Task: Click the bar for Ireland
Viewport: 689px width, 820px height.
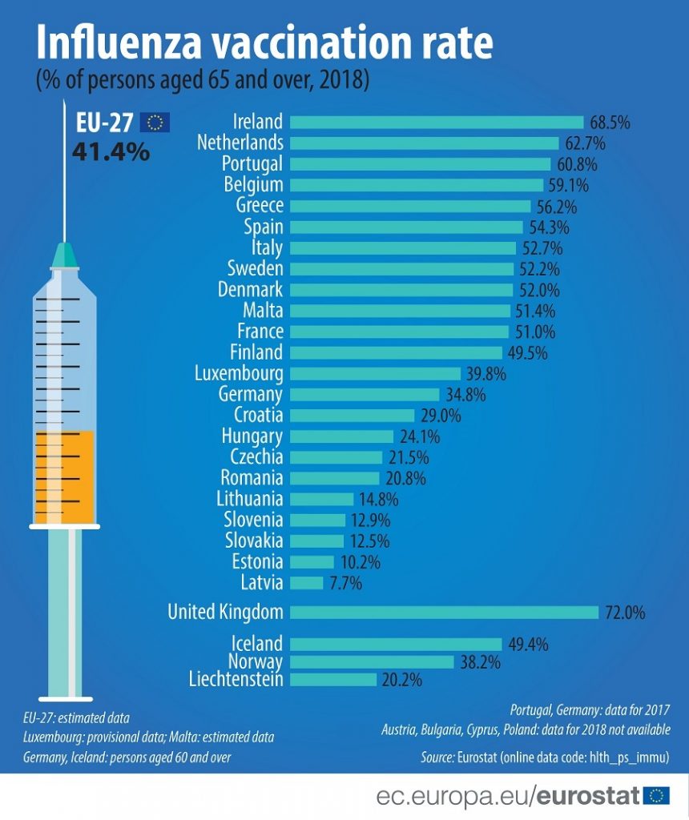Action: (x=437, y=122)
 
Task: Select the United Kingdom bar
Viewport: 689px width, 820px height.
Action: (x=444, y=613)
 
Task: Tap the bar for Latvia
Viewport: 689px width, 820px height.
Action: (x=307, y=583)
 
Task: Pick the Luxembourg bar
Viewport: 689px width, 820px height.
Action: (x=375, y=373)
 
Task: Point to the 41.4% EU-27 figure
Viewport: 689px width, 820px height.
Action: (x=111, y=151)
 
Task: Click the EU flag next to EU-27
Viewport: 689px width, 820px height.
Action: (x=155, y=122)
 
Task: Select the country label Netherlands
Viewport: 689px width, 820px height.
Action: (x=240, y=143)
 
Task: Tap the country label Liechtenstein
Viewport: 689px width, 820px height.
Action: (x=236, y=680)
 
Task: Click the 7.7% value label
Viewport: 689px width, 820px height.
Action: (x=345, y=584)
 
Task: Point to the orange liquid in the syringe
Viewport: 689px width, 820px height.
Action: (x=64, y=476)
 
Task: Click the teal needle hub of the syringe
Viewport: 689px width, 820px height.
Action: (x=65, y=256)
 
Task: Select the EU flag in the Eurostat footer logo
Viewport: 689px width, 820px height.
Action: (x=656, y=795)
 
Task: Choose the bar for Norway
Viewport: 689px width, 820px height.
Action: (x=372, y=661)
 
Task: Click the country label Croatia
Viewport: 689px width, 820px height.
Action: (x=258, y=415)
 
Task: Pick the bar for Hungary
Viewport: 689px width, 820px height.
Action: (x=342, y=436)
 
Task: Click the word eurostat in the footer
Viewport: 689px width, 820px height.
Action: (x=587, y=796)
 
